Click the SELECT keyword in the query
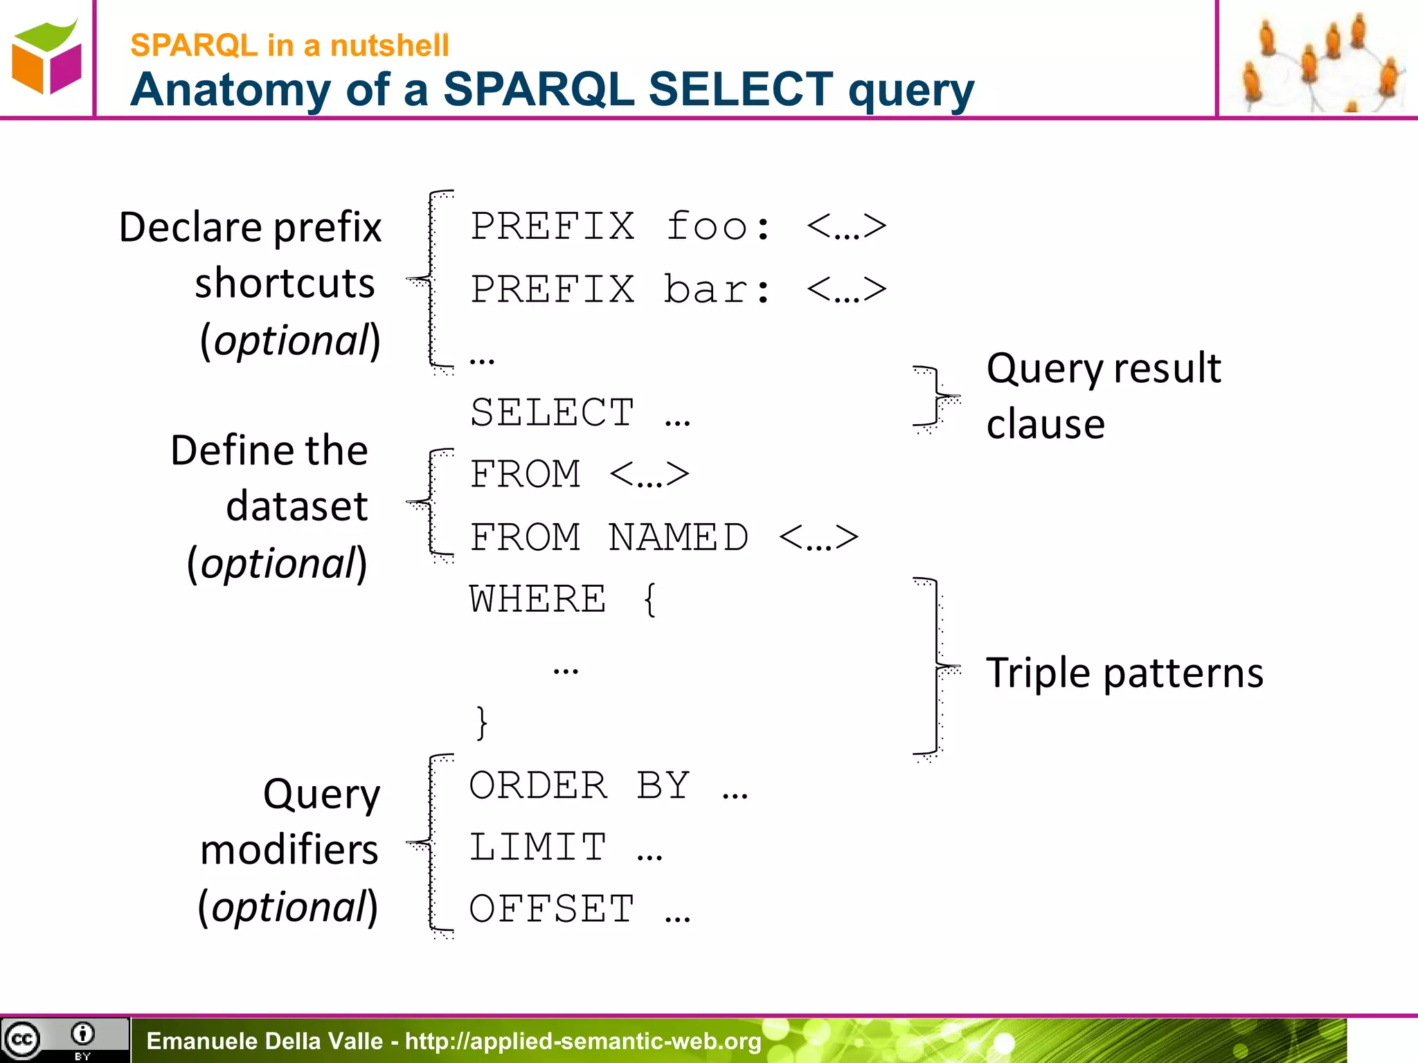click(x=552, y=413)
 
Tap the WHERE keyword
click(x=537, y=599)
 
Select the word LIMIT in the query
click(x=537, y=848)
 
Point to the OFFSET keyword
click(x=552, y=909)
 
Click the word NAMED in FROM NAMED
click(x=678, y=538)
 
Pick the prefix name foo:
click(x=718, y=227)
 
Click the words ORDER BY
click(x=579, y=786)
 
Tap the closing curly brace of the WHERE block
click(x=481, y=723)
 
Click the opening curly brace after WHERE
click(x=649, y=599)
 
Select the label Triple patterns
click(x=1124, y=673)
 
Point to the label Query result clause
click(x=1104, y=395)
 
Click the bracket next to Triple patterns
click(x=937, y=668)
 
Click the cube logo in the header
click(x=46, y=58)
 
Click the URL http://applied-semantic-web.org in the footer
click(x=583, y=1041)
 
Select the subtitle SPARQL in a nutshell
click(x=289, y=46)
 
